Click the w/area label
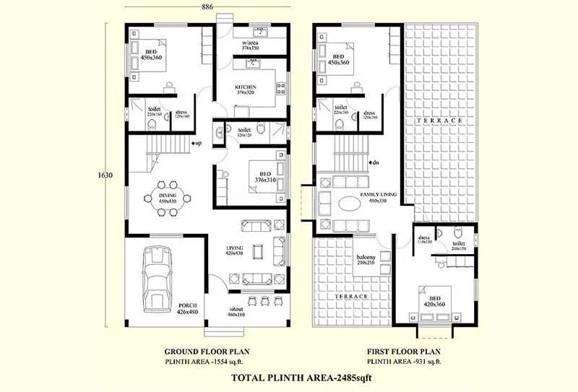click(251, 44)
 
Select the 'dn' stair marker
click(374, 164)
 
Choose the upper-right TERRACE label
click(439, 120)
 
